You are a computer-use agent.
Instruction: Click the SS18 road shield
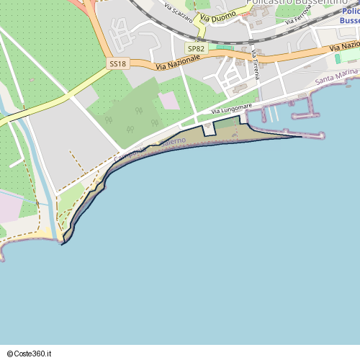click(117, 64)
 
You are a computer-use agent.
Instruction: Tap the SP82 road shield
click(195, 48)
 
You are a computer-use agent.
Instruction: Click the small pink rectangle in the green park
click(169, 100)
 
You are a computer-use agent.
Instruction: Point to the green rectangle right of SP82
click(225, 48)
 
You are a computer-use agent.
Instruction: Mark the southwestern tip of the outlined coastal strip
click(63, 243)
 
